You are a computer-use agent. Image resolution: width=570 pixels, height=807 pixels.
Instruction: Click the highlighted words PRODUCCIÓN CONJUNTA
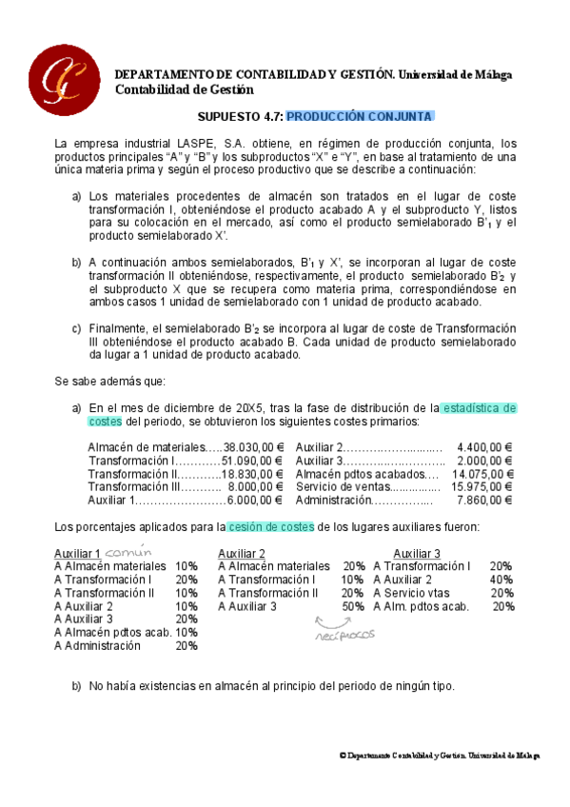pos(360,116)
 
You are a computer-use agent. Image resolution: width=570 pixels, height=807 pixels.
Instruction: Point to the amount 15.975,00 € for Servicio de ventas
pos(482,486)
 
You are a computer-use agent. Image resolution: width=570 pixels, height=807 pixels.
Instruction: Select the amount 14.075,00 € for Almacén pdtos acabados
pos(482,473)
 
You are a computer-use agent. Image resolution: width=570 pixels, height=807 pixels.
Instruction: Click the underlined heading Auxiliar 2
pos(242,553)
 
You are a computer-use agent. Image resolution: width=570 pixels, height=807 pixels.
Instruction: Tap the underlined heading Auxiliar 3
pos(417,553)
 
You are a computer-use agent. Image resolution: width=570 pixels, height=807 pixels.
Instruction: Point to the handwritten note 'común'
pos(128,551)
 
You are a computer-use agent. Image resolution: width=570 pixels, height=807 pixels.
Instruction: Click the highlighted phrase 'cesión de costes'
pos(272,526)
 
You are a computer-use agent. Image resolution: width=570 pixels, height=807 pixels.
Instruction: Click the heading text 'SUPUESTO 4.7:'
pos(240,116)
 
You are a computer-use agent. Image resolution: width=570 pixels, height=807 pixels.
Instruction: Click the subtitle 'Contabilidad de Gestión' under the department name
pos(185,89)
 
